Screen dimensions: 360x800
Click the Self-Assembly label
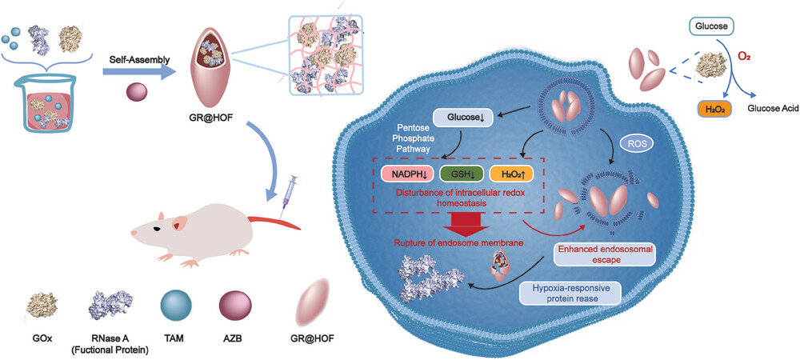point(134,58)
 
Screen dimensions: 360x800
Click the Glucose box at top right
point(712,27)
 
